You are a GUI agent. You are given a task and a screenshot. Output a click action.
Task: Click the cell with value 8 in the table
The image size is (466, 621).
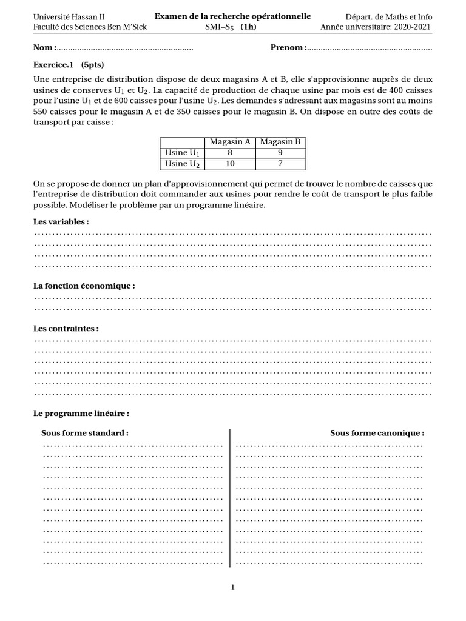click(230, 153)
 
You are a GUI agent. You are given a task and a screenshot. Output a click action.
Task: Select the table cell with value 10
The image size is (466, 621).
click(230, 164)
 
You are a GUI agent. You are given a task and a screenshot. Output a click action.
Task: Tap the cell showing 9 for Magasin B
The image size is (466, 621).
click(280, 153)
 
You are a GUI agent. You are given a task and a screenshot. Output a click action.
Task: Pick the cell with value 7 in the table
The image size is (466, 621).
click(280, 164)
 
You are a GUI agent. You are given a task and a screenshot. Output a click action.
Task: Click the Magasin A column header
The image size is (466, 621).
click(230, 142)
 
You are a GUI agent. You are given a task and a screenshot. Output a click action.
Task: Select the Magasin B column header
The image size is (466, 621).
click(280, 142)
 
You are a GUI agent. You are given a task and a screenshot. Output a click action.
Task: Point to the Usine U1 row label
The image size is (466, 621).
click(182, 153)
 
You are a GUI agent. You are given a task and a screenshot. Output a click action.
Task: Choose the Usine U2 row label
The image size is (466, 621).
click(182, 164)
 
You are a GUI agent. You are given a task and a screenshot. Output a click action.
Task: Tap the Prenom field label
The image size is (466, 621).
click(288, 48)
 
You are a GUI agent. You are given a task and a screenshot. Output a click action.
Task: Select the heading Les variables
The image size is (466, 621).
click(61, 222)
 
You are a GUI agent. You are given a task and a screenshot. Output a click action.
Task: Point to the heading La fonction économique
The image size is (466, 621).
click(84, 286)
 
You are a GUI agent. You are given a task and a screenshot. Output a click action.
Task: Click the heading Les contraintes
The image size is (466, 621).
click(66, 328)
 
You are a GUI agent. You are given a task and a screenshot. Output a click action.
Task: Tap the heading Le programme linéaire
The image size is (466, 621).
click(81, 413)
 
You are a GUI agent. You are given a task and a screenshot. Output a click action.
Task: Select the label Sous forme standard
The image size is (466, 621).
click(85, 433)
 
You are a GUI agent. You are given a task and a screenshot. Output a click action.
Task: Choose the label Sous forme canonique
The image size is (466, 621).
click(377, 433)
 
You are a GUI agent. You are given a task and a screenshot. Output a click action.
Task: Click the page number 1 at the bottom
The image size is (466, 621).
click(232, 587)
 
